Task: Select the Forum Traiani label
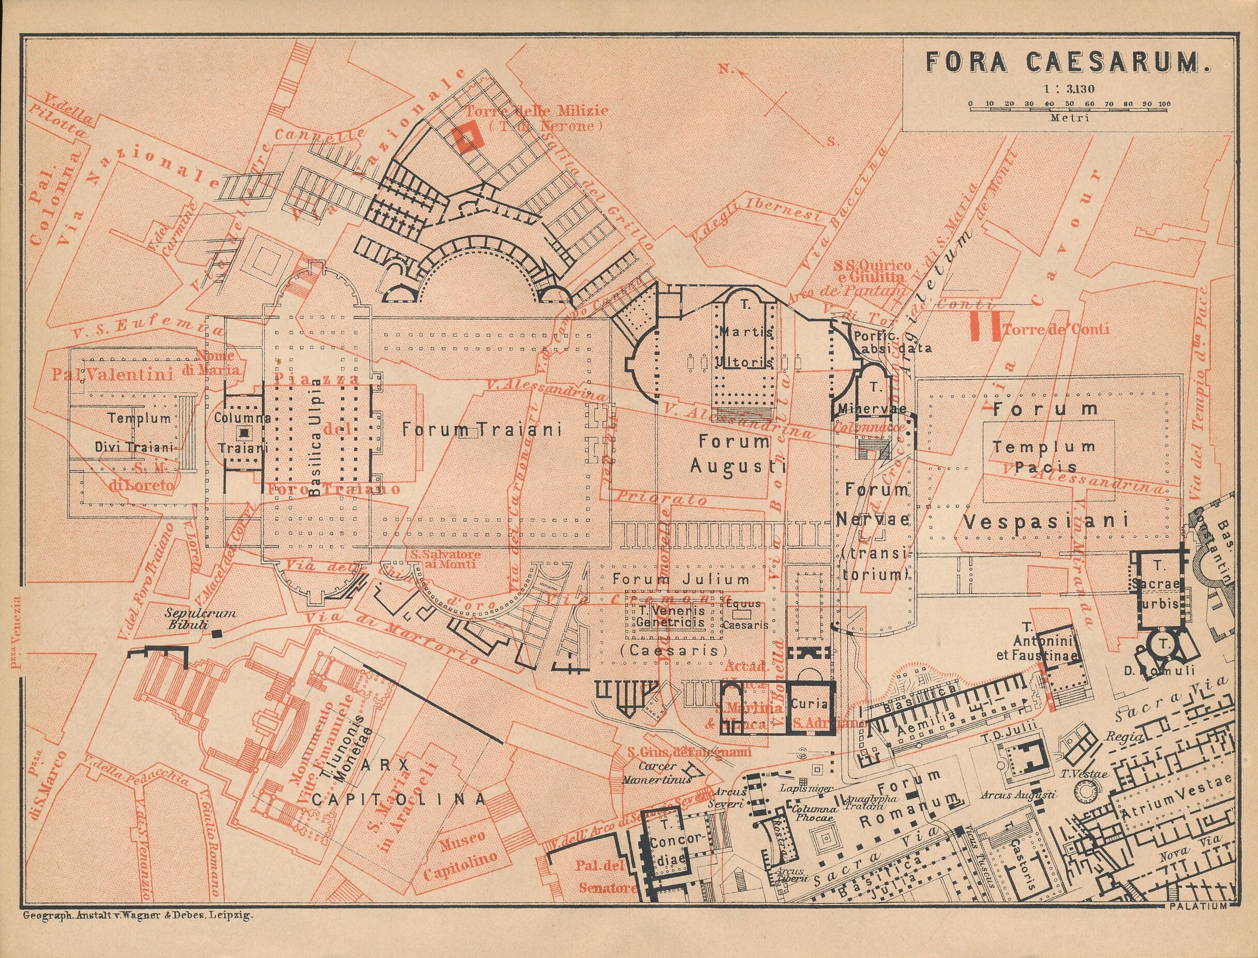point(482,429)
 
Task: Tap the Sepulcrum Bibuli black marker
point(217,633)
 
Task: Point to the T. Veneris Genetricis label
point(670,617)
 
